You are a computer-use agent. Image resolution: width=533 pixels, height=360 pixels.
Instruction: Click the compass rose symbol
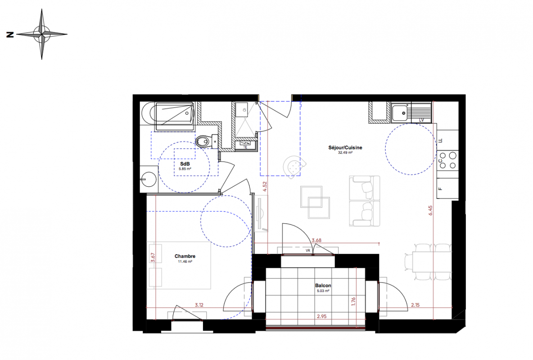[42, 34]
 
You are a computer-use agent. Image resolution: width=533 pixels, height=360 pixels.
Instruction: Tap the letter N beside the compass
[10, 34]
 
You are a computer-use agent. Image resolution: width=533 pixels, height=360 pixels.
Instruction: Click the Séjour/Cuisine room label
[345, 148]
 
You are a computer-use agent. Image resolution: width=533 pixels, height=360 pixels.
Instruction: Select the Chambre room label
[185, 256]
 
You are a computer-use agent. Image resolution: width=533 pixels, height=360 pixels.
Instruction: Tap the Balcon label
[323, 286]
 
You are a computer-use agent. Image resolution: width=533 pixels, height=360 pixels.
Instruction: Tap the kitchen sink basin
[400, 113]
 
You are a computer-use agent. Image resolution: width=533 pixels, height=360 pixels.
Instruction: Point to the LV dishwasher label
[421, 120]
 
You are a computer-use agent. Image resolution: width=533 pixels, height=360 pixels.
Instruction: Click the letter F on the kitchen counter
[441, 189]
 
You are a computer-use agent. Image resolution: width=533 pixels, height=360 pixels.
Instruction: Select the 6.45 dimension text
[431, 211]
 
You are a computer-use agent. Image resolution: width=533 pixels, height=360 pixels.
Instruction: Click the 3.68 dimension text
[316, 240]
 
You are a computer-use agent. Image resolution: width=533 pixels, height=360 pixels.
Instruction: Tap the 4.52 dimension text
[265, 187]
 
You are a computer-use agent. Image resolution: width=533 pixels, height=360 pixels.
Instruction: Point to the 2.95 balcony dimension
[321, 316]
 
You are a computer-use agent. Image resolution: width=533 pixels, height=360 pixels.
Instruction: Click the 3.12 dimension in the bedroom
[199, 305]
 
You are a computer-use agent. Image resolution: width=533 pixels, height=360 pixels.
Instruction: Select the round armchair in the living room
[294, 166]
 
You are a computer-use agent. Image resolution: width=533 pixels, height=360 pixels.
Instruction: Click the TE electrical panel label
[245, 147]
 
